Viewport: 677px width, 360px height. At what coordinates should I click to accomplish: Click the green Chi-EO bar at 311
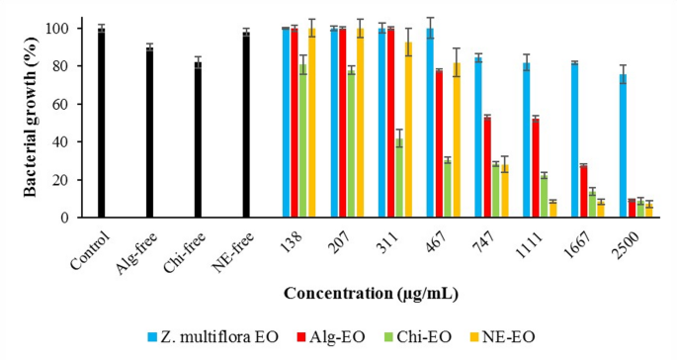coord(399,178)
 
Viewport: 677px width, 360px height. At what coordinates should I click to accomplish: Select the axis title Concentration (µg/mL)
coord(371,294)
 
